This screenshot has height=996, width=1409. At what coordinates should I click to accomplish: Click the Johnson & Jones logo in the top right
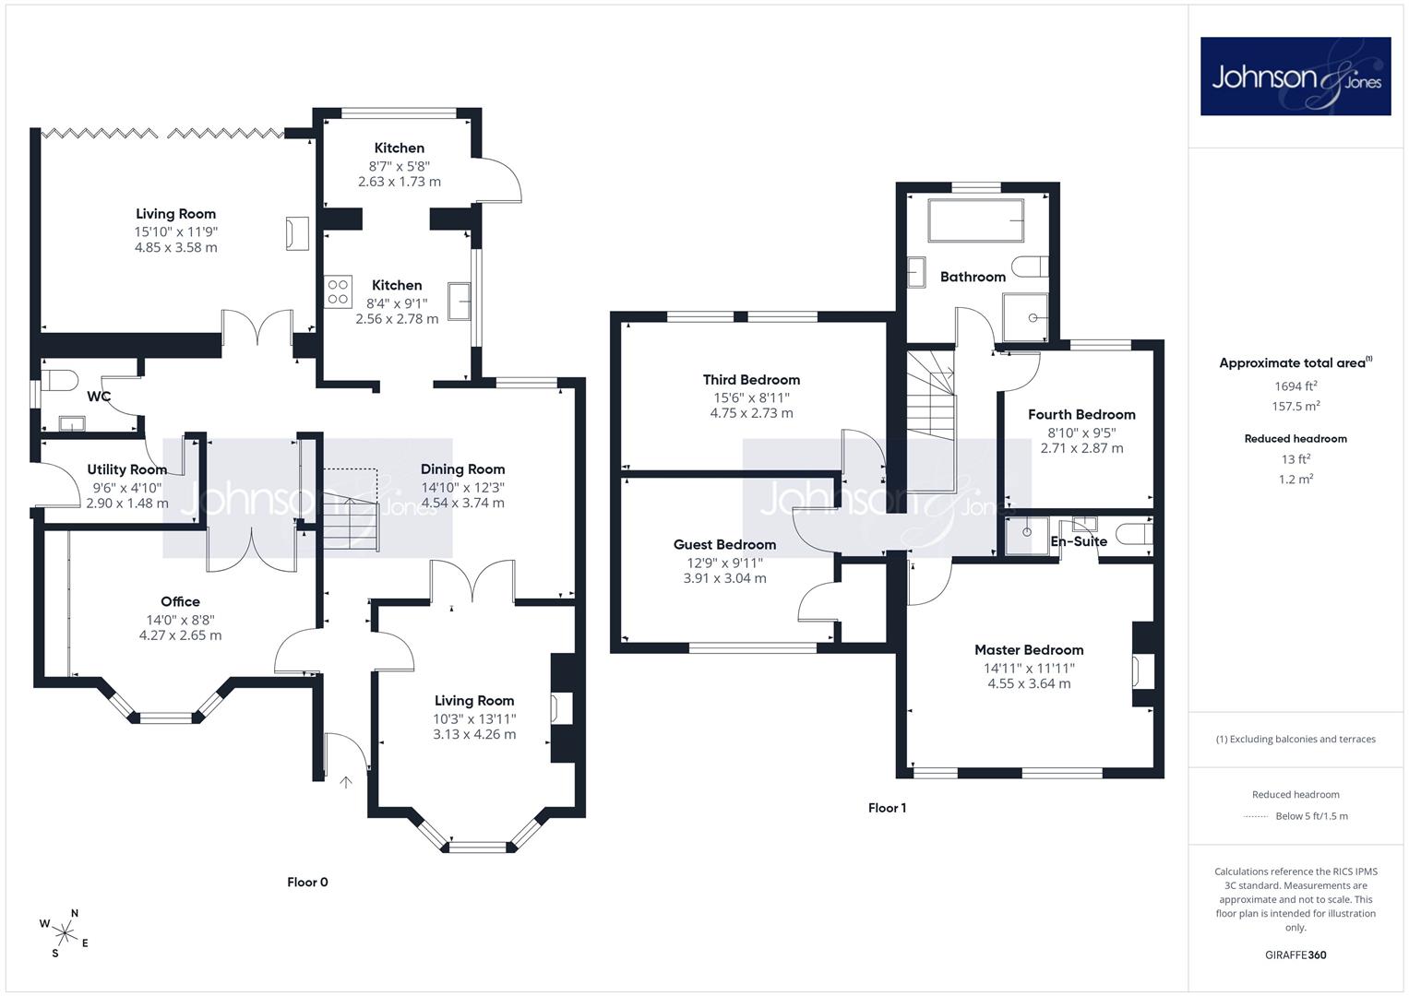1296,76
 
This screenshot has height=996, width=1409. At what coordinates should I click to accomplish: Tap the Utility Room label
127,469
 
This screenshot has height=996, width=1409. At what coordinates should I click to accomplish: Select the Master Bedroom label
1029,649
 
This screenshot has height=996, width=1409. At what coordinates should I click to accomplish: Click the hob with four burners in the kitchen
338,291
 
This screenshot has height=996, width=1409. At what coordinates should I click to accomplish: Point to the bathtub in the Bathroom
975,220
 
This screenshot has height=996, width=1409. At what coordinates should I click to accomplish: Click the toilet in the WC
59,380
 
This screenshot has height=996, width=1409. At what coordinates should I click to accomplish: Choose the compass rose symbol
65,934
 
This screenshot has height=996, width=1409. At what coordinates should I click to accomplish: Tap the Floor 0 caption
307,883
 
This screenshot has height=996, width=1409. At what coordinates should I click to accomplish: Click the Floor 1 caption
887,808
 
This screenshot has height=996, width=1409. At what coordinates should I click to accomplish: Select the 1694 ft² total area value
1296,386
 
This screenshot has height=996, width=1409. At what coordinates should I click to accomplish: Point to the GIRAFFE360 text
1296,955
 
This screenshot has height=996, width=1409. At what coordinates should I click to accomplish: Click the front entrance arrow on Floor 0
346,782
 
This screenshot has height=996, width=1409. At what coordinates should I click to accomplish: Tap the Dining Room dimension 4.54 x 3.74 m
463,503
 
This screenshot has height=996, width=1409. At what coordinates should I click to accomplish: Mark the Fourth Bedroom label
1082,414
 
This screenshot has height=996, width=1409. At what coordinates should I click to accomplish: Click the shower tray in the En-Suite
1027,536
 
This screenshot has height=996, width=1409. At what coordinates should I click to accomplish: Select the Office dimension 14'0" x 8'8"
181,620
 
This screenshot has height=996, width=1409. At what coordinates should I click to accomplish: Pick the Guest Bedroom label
724,544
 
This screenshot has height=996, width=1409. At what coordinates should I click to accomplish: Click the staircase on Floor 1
931,421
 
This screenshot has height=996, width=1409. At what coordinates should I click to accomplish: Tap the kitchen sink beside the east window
460,302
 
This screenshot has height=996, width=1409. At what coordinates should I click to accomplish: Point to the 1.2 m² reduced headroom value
1296,480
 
